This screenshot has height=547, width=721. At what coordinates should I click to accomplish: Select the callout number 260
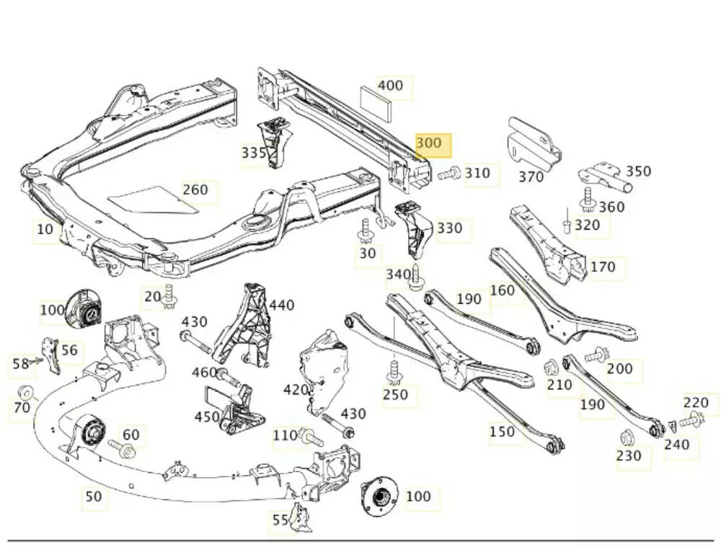pos(195,190)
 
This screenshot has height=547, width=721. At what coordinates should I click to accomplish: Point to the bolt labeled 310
pos(450,173)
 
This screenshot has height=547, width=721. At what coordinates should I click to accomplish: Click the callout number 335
pos(254,153)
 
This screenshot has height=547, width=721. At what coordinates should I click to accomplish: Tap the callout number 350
pos(638,172)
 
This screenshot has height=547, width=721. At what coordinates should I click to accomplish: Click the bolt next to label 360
pos(588,199)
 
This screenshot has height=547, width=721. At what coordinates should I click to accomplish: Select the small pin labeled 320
pos(567,226)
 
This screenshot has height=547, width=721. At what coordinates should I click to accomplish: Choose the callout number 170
pos(603,267)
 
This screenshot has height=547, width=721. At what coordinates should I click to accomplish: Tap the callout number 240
pos(676,445)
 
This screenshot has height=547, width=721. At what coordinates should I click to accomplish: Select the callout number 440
pos(281,306)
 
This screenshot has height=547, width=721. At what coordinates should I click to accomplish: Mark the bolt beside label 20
pos(169,295)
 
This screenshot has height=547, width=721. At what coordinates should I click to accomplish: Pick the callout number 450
pos(207,417)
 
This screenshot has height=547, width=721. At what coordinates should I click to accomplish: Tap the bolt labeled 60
pos(123,450)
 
